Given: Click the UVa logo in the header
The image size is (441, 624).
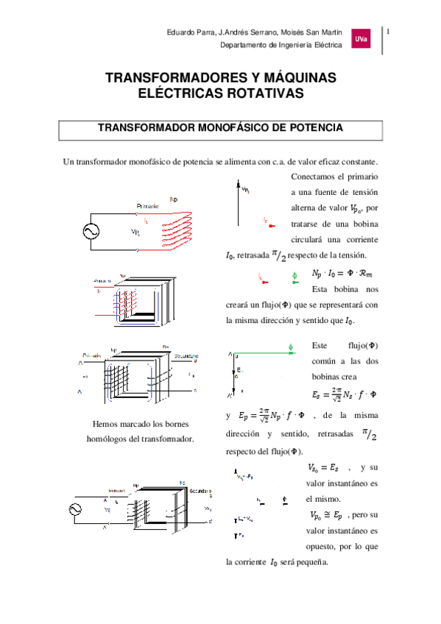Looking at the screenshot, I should [362, 39].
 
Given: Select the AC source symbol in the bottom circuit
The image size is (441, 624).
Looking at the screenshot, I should [75, 508].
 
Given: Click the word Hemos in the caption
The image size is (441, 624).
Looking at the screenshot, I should [107, 425].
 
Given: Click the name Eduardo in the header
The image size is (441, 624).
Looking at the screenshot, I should [183, 32].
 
